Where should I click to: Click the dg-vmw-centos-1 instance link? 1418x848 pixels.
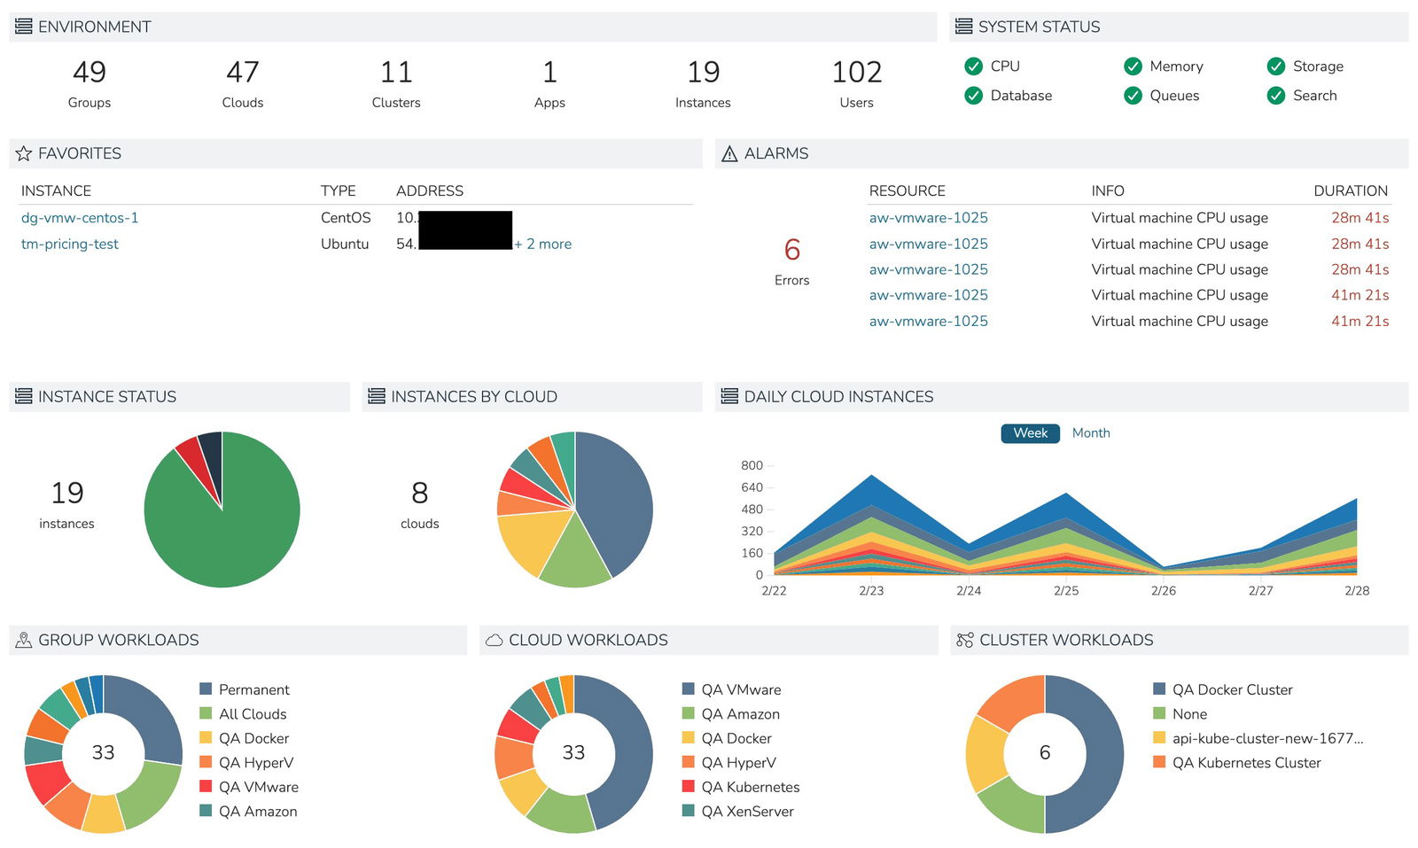[x=80, y=218]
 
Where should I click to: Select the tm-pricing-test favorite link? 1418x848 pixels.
[x=70, y=245]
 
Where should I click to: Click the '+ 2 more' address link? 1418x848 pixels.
[x=543, y=245]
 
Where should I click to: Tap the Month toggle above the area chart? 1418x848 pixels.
[x=1090, y=433]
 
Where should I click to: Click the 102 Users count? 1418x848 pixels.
[x=856, y=73]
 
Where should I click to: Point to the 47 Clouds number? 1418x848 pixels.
[x=243, y=73]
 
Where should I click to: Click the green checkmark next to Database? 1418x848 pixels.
[x=973, y=96]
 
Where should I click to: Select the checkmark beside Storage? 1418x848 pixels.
[x=1275, y=66]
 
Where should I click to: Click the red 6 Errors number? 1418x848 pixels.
[x=791, y=251]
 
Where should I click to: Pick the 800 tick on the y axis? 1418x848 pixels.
[x=752, y=466]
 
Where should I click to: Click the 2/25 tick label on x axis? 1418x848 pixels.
[x=1065, y=591]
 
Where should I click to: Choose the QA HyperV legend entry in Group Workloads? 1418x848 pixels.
[x=255, y=763]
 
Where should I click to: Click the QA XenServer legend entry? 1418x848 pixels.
[x=746, y=812]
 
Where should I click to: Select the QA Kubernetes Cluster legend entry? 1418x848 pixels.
[x=1245, y=763]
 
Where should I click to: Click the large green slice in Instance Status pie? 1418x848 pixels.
[x=222, y=532]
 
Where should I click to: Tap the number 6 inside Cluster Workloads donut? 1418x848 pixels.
[x=1044, y=753]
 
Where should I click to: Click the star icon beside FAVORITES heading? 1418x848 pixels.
[x=24, y=154]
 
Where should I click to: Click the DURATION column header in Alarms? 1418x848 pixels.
[x=1350, y=191]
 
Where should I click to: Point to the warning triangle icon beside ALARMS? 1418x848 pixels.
[x=729, y=154]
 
